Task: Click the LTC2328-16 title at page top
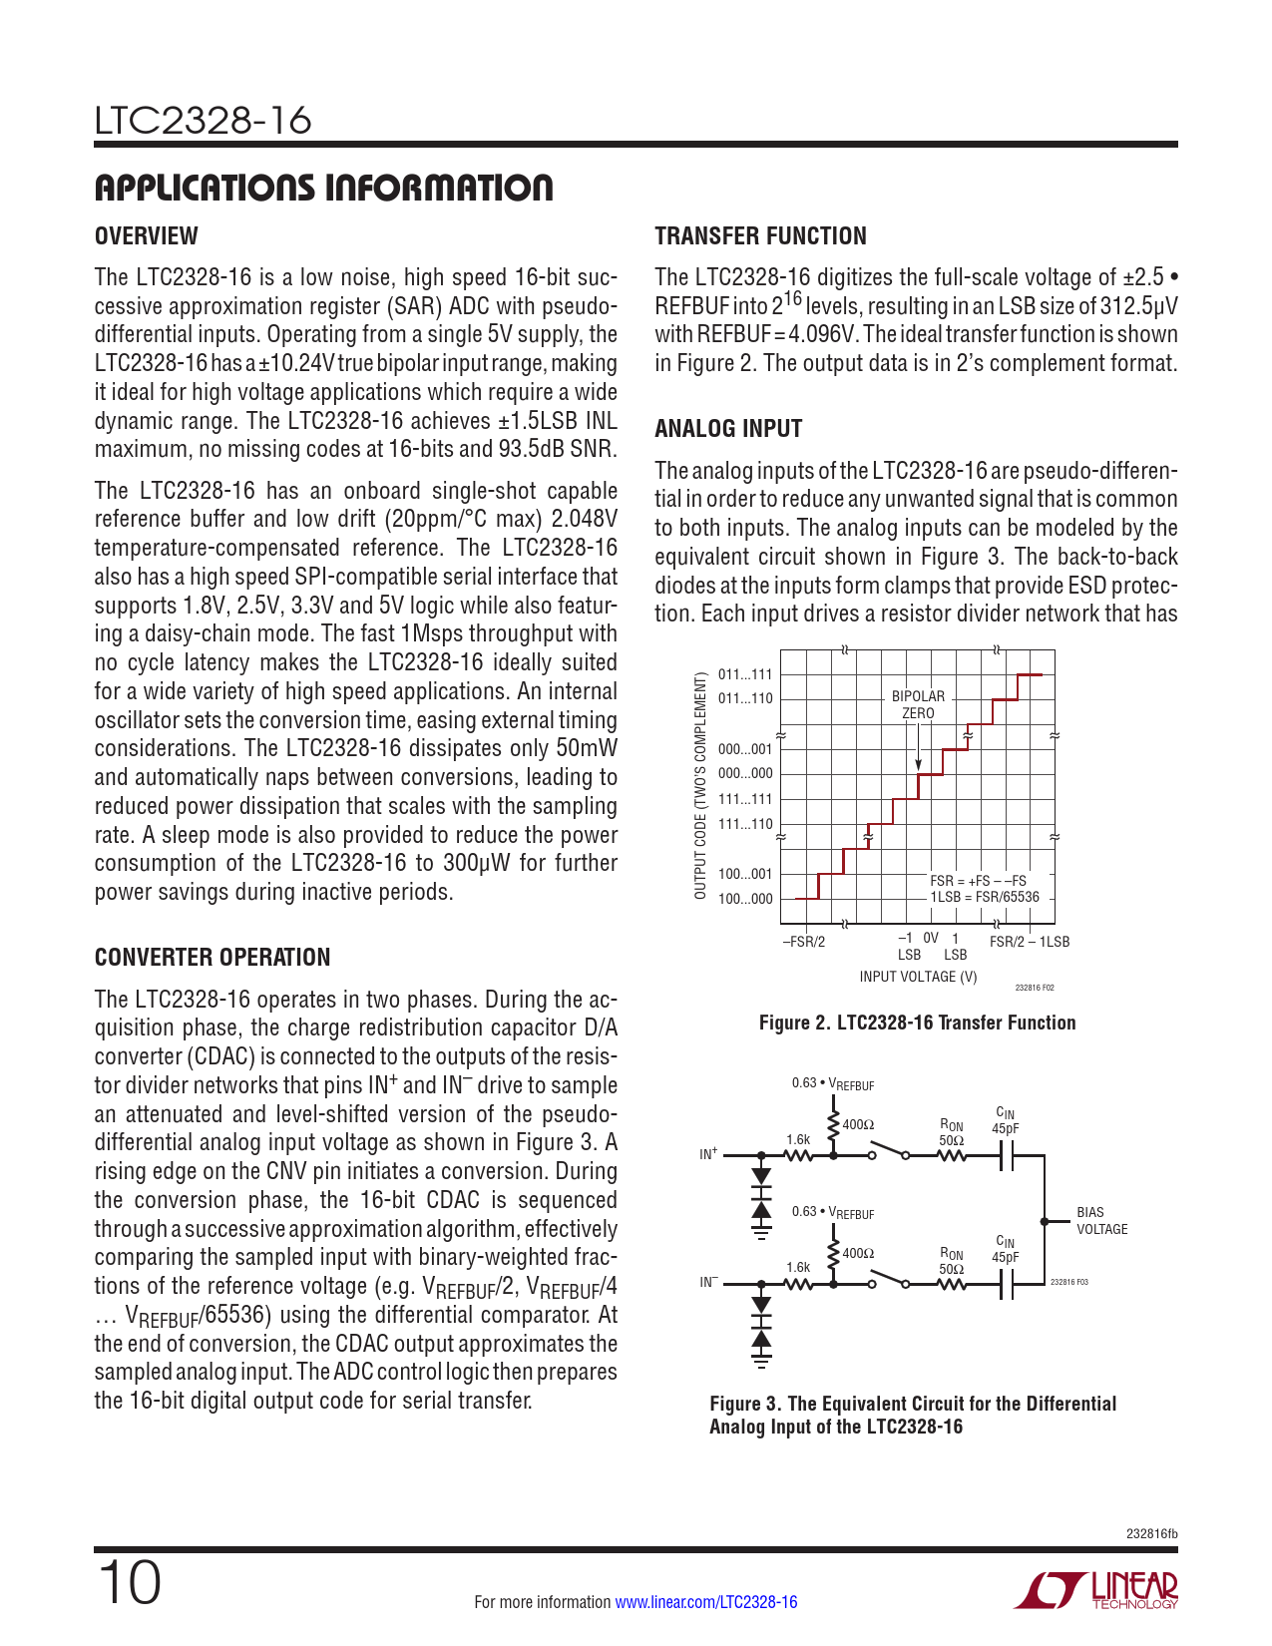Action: tap(204, 121)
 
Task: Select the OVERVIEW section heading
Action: tap(146, 236)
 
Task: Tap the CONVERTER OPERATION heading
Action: tap(212, 958)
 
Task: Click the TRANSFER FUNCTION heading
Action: tap(760, 236)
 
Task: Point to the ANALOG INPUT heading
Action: tap(728, 429)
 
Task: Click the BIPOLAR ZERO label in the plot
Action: tap(918, 704)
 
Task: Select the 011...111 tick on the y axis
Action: tap(745, 675)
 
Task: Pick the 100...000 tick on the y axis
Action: tap(745, 899)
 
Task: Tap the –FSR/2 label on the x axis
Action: tap(803, 941)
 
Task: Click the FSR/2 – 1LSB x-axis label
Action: tap(1029, 941)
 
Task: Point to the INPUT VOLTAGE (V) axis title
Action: tap(918, 977)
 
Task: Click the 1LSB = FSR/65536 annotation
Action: tap(985, 897)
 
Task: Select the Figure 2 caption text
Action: tap(917, 1023)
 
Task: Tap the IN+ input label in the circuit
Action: tap(708, 1154)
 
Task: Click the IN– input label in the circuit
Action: tap(708, 1283)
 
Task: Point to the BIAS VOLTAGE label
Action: tap(1101, 1221)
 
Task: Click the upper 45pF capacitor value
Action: tap(1005, 1129)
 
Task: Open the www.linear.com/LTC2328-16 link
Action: tap(706, 1602)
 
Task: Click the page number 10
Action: tap(129, 1584)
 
